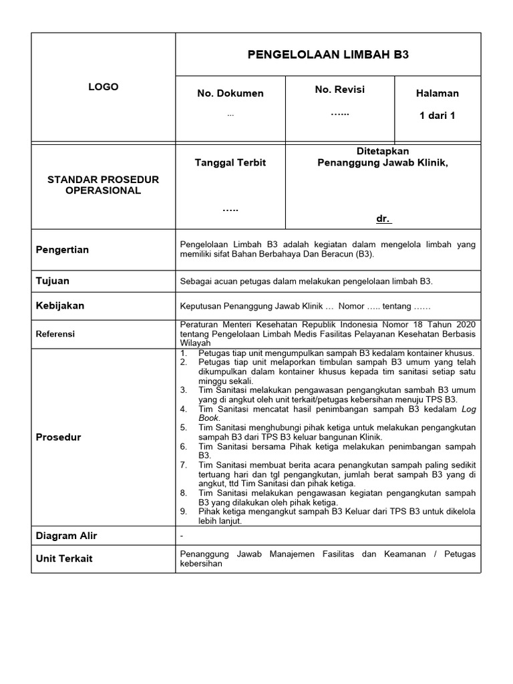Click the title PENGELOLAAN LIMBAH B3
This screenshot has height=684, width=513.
click(327, 54)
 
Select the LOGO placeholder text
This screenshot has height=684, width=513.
click(104, 87)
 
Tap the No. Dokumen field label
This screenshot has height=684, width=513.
click(230, 93)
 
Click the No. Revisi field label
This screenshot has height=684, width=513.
click(339, 89)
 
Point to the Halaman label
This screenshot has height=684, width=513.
click(437, 93)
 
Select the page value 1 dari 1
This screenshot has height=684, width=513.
click(437, 116)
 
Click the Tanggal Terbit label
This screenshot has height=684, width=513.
click(230, 163)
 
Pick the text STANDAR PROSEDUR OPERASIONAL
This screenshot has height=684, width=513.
click(103, 185)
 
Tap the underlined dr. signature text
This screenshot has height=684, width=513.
click(383, 219)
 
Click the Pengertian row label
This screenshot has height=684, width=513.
click(62, 250)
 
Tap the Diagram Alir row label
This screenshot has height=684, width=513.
click(66, 536)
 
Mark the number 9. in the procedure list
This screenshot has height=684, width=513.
click(184, 512)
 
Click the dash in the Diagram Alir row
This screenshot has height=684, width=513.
click(182, 536)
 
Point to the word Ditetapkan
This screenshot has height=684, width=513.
click(383, 152)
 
